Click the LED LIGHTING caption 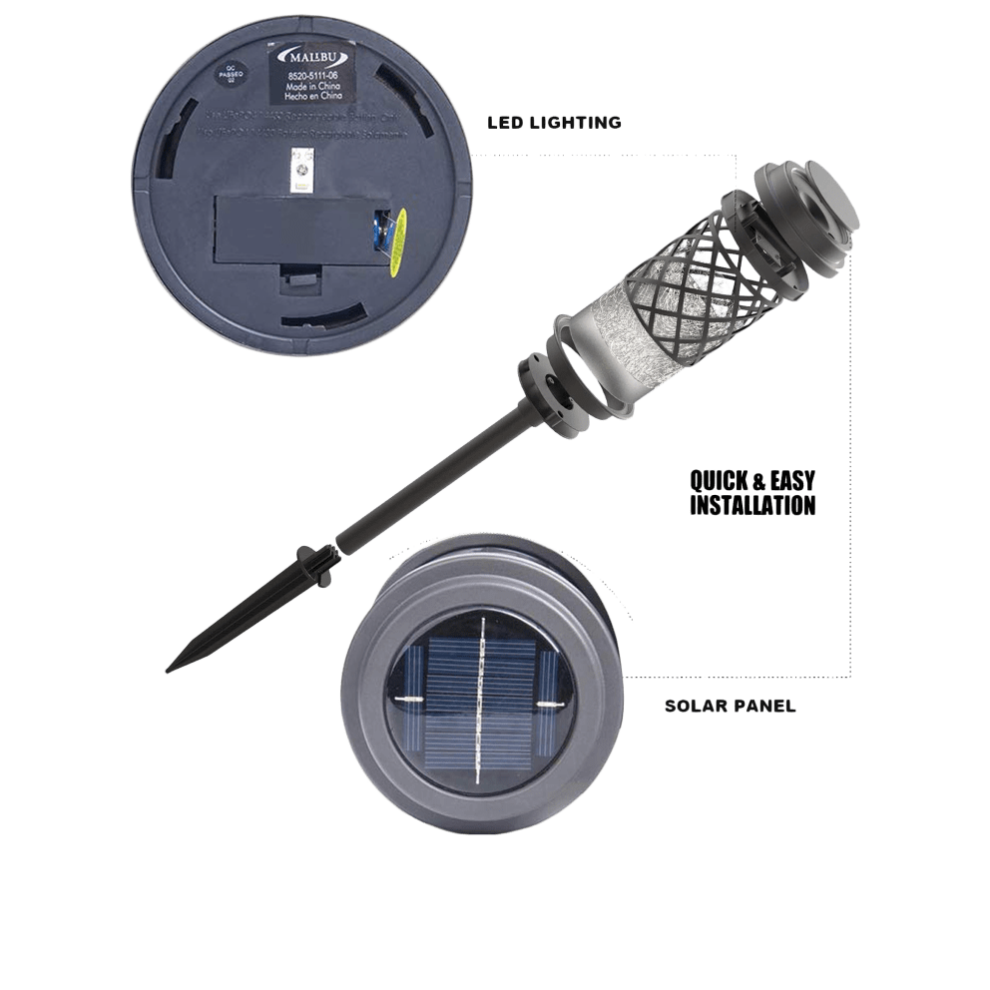click(554, 123)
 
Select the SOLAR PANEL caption click(730, 706)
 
